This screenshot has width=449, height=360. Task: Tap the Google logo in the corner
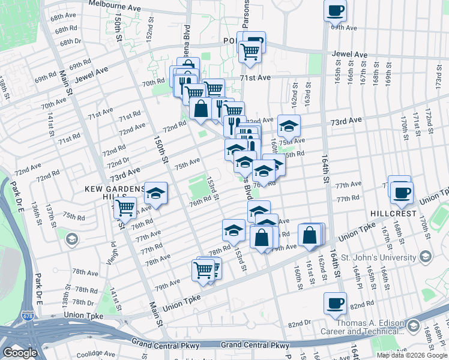[20, 353]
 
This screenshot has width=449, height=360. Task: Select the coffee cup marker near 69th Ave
[335, 10]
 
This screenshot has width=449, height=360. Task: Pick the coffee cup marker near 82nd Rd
[335, 303]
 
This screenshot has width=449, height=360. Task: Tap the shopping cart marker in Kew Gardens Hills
[125, 208]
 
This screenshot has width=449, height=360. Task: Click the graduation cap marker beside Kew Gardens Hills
[156, 193]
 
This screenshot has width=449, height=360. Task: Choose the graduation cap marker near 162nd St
[289, 125]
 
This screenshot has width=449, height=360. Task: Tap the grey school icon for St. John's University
[426, 257]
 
